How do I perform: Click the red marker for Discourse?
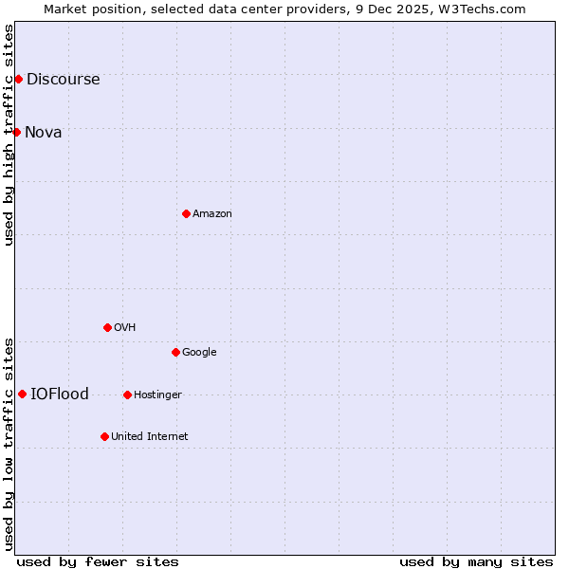click(18, 79)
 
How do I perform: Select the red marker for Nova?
click(16, 132)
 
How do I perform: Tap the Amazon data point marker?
click(186, 213)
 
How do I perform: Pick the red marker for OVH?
click(107, 327)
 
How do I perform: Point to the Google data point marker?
click(175, 352)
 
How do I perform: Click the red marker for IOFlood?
click(22, 394)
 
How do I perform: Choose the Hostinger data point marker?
click(127, 395)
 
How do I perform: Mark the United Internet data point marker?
click(104, 436)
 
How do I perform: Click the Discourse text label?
click(63, 79)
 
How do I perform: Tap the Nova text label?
click(44, 132)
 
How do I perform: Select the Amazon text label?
click(212, 213)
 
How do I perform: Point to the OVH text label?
click(124, 327)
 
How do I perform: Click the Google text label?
click(199, 352)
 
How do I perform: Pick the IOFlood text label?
click(60, 394)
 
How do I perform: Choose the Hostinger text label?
click(157, 395)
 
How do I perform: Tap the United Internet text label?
click(149, 436)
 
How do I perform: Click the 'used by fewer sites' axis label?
click(98, 561)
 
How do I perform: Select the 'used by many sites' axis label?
click(476, 561)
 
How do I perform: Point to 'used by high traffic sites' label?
click(9, 135)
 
